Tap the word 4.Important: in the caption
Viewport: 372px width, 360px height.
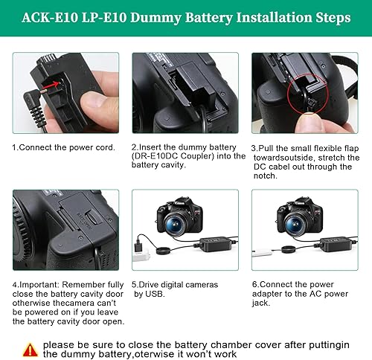[x=36, y=284]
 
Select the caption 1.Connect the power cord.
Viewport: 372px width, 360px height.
[x=63, y=147]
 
